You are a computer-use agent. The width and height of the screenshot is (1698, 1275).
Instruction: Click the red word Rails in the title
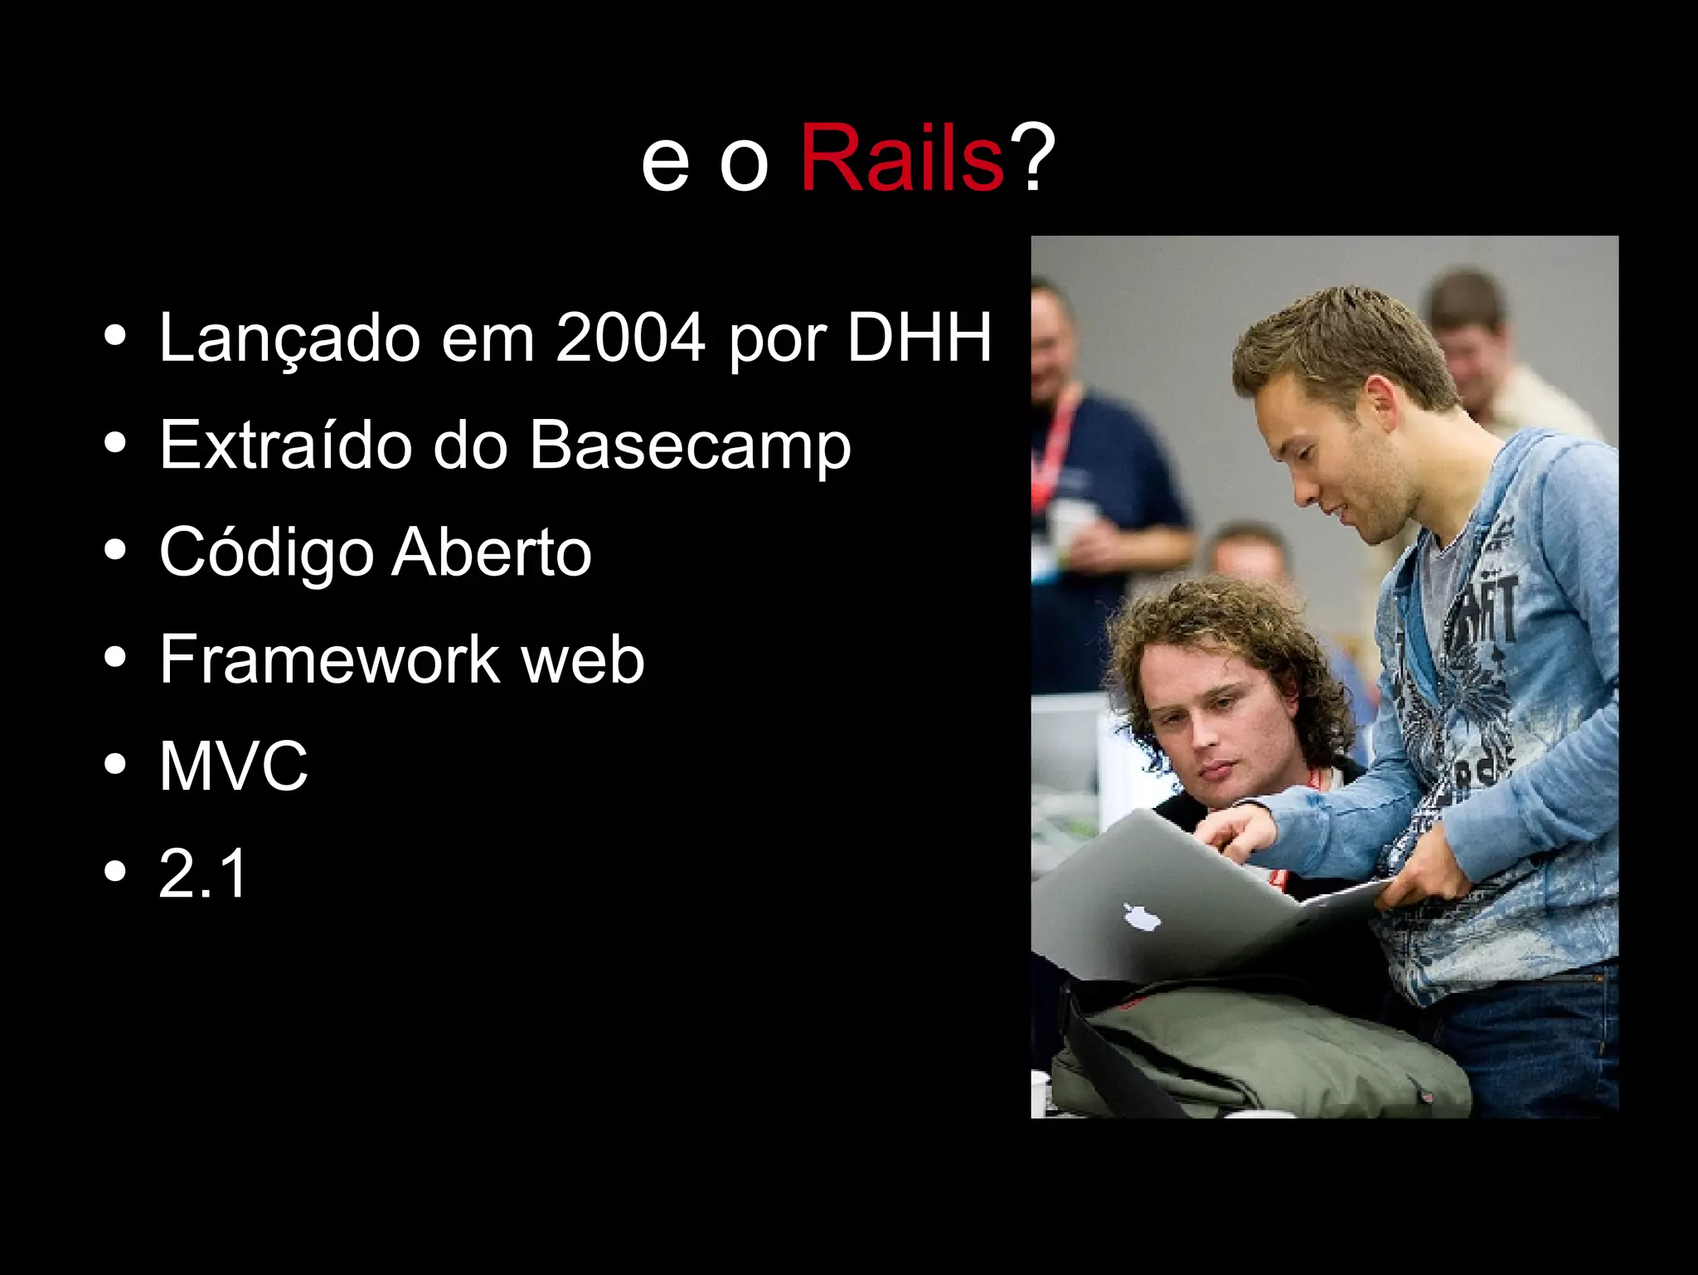tap(902, 158)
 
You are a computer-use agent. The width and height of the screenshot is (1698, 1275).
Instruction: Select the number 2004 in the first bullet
tap(630, 338)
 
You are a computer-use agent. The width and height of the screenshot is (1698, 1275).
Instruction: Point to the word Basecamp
tap(690, 445)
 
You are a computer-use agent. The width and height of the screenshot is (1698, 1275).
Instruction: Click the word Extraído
tap(287, 445)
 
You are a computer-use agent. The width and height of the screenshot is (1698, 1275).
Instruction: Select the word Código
tap(265, 553)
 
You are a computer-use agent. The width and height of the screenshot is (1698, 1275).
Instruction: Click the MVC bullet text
tap(233, 766)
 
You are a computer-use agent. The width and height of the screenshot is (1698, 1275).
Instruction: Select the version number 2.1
tap(203, 874)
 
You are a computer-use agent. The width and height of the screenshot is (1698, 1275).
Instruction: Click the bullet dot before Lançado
tap(116, 338)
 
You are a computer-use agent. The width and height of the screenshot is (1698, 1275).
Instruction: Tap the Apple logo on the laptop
tap(1143, 917)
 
